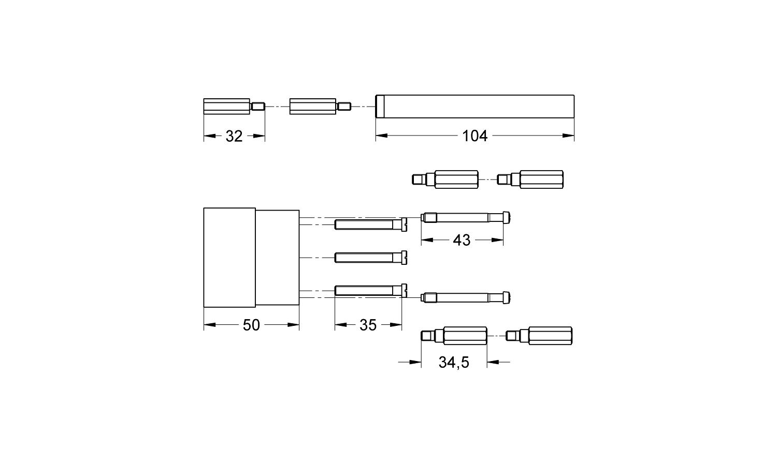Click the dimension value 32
(234, 136)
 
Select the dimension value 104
(474, 136)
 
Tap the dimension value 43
(461, 240)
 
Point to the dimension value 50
(251, 325)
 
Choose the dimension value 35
(368, 325)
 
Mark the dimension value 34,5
(454, 363)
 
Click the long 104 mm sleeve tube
(474, 107)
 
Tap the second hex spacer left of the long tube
(320, 107)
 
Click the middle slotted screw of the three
(370, 257)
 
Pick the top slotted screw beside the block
(370, 224)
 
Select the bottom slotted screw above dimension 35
(370, 291)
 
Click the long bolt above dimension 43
(466, 218)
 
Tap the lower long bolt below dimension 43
(466, 297)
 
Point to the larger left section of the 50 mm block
(229, 258)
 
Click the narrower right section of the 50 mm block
(278, 258)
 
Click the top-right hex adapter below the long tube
(530, 179)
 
